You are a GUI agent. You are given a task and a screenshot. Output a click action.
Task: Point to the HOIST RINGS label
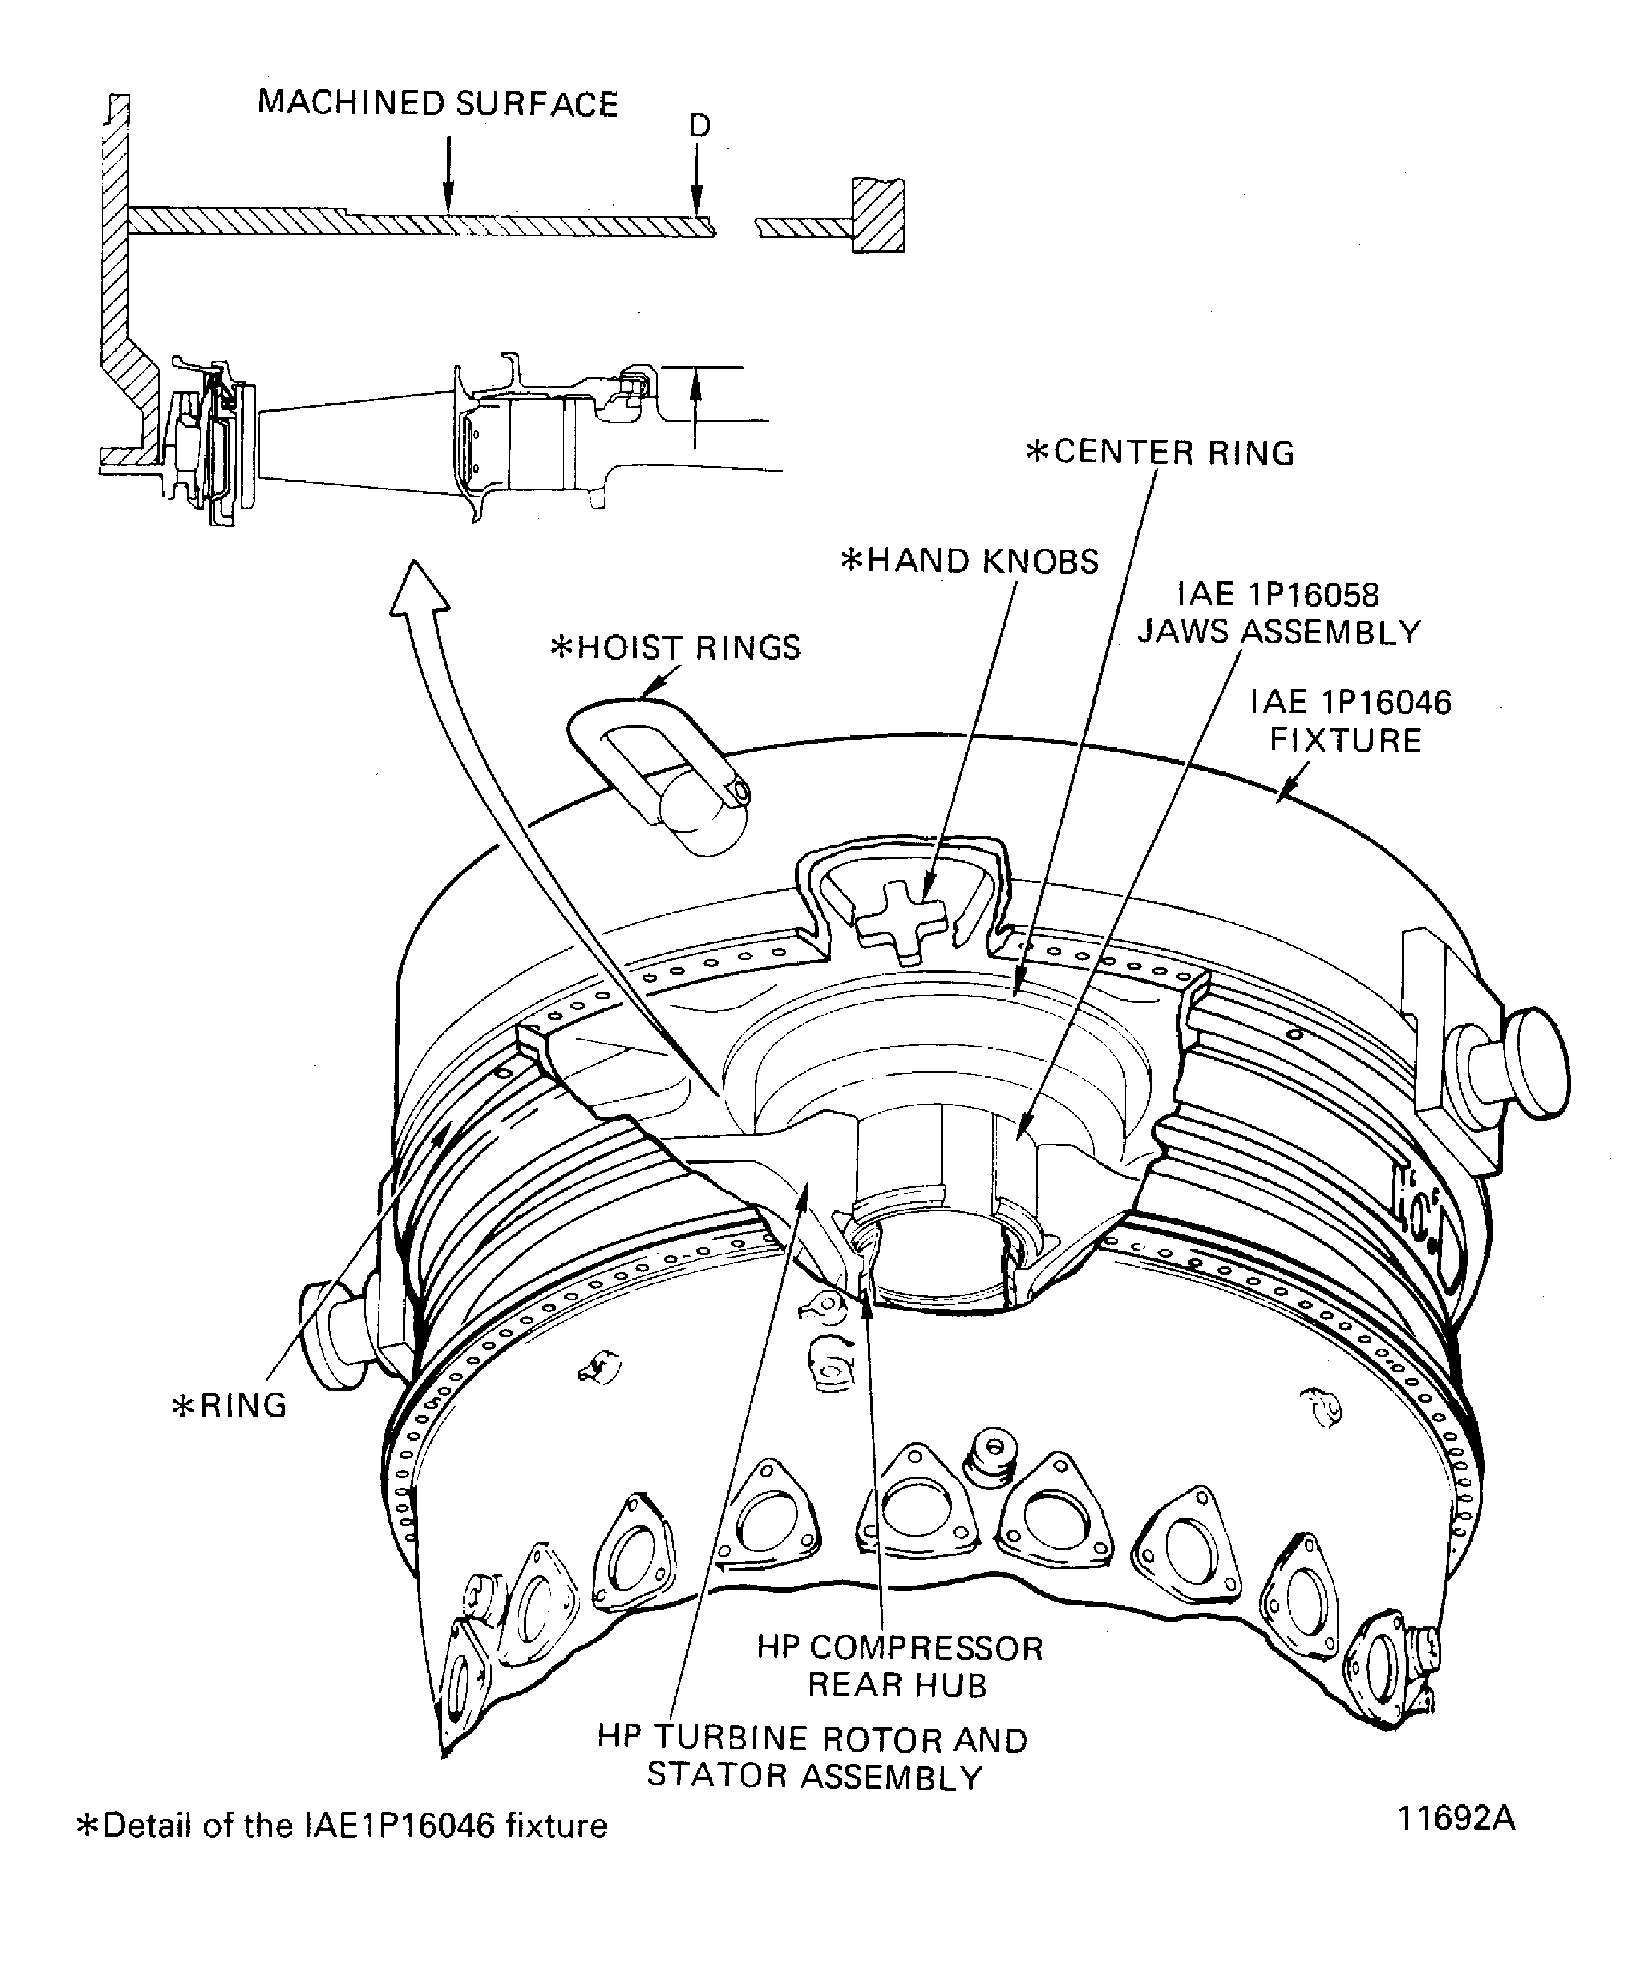(x=676, y=648)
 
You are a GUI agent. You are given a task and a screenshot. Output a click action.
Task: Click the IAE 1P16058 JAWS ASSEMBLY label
(x=1279, y=614)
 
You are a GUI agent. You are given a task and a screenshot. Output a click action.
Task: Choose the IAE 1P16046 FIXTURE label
(x=1351, y=722)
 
